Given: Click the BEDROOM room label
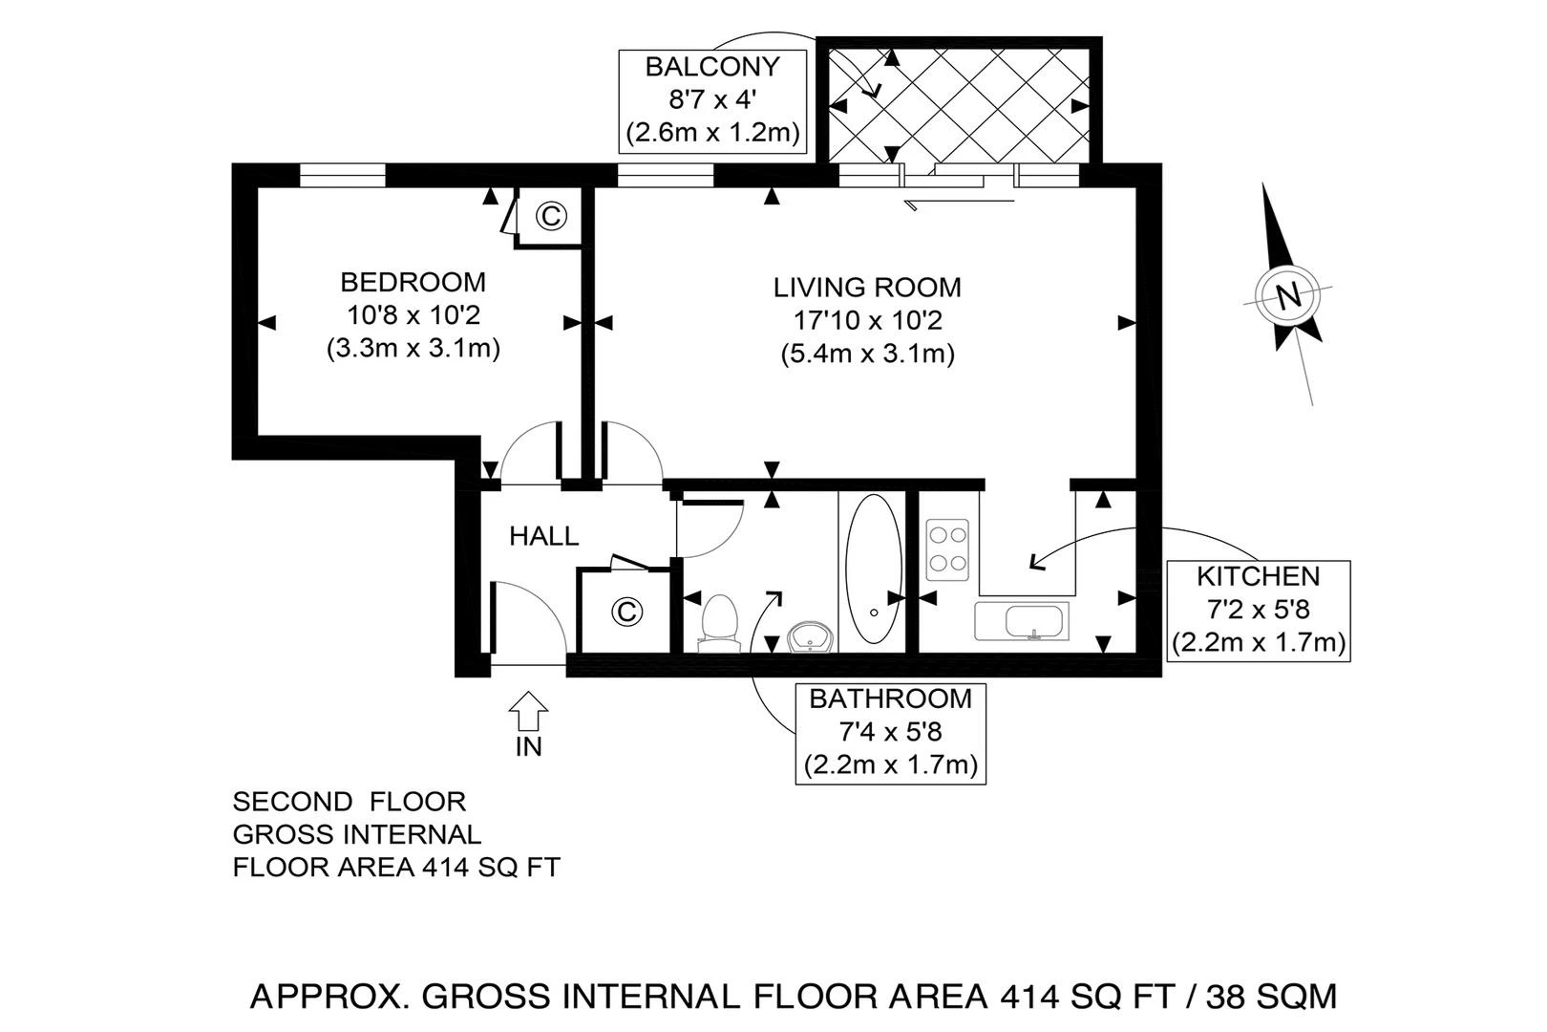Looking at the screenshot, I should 413,282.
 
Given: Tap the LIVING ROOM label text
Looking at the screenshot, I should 867,287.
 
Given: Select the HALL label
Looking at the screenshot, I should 543,536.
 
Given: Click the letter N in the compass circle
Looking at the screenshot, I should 1288,295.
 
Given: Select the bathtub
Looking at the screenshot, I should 873,570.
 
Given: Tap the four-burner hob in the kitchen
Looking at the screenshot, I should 947,549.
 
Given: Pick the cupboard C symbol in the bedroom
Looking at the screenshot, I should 550,216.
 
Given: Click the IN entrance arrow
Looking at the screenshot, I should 528,714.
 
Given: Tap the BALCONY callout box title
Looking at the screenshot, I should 712,67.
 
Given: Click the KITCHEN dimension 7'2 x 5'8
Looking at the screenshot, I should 1258,609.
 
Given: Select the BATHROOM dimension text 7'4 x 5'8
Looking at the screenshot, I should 890,732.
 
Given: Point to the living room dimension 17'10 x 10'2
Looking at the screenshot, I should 867,320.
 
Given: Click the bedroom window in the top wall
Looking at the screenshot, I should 342,176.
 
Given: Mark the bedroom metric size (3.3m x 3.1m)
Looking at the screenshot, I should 413,349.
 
